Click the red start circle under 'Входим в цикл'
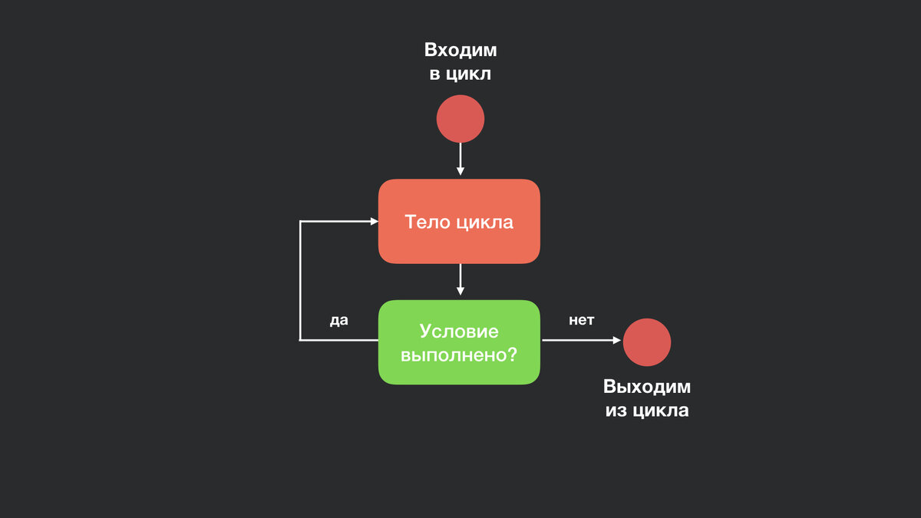pos(460,119)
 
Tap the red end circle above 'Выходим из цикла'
pos(647,342)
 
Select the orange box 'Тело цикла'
pos(459,222)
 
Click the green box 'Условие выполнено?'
pos(459,342)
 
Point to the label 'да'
pos(338,321)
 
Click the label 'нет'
pos(581,321)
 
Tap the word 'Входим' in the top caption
pos(460,51)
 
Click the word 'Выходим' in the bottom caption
pos(647,387)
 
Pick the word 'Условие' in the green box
pos(459,332)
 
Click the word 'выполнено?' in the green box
pos(459,355)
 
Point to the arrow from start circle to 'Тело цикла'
pos(460,159)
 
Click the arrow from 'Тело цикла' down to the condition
pos(460,279)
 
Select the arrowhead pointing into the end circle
pos(616,340)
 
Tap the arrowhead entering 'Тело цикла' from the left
pos(374,222)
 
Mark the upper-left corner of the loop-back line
pos(300,222)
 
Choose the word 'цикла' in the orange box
pos(484,223)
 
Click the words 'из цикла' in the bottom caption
pos(647,411)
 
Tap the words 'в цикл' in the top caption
pos(460,75)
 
